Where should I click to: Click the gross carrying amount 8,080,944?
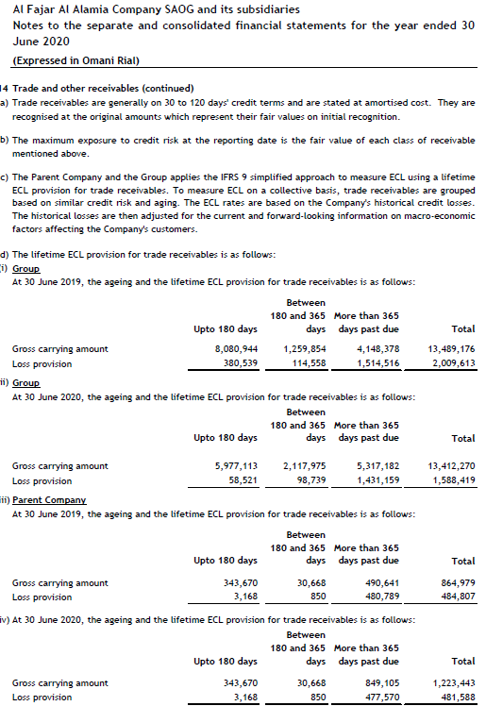pos(237,349)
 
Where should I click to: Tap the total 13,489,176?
pos(451,349)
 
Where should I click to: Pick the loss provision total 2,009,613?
pos(454,363)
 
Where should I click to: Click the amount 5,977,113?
pos(237,466)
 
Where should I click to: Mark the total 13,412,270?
pos(451,466)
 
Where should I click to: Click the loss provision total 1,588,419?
pos(454,480)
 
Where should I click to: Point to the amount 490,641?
pos(381,583)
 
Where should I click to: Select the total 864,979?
pos(458,583)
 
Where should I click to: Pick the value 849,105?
pos(381,683)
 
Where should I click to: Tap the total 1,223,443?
pos(454,683)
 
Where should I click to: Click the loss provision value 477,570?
pos(381,698)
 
